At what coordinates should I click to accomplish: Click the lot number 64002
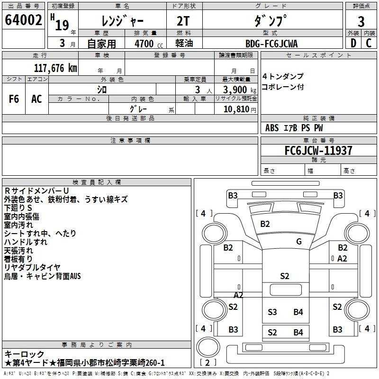pos(23,20)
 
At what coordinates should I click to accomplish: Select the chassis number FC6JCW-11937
pos(318,151)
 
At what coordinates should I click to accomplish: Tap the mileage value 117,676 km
pos(55,68)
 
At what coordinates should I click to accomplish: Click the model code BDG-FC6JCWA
pos(271,44)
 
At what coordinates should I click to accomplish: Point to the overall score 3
pos(361,22)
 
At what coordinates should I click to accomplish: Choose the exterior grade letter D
pos(353,43)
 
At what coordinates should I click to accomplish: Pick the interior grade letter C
pos(369,43)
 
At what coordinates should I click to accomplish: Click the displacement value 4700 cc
pos(149,44)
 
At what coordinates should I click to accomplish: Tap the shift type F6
pos(14,99)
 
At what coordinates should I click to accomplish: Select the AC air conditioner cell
pos(36,99)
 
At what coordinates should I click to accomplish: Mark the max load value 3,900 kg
pos(240,90)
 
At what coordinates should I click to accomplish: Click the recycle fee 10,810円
pos(240,109)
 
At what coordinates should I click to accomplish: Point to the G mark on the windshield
pos(299,242)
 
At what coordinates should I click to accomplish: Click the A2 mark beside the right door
pos(342,259)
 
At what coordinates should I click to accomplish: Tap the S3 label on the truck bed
pos(272,312)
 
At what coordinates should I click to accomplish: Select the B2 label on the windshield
pos(265,224)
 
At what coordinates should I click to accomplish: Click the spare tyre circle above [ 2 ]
pos(208,347)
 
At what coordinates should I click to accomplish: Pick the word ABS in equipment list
pos(272,128)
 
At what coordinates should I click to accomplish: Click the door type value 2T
pos(183,21)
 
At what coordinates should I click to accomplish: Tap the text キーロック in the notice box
pos(24,354)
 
